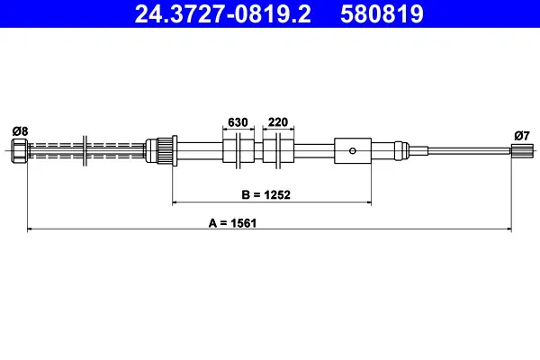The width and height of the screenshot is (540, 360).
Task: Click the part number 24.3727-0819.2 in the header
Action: point(222,14)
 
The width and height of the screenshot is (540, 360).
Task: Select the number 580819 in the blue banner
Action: point(382,14)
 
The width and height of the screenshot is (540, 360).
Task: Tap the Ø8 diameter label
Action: point(20,131)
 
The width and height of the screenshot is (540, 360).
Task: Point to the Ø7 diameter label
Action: point(522,136)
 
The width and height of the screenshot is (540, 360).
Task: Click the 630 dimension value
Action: point(238,122)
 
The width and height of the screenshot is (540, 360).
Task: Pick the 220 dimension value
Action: point(278,122)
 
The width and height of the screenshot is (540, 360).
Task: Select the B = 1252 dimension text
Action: point(265,194)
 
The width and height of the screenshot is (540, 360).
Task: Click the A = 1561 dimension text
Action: point(232,223)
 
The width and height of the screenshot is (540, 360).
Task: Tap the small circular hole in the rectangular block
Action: point(352,150)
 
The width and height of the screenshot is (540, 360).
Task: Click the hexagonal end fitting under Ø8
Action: point(19,150)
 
